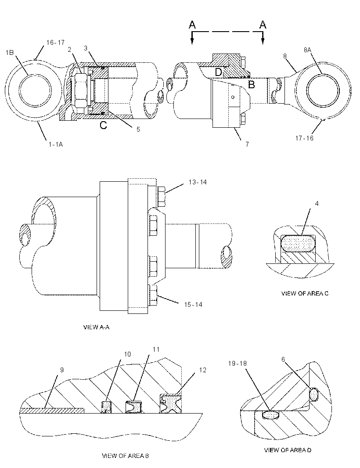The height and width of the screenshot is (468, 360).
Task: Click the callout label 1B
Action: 10,53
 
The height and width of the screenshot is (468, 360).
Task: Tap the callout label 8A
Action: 307,50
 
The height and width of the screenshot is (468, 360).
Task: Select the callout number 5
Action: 138,130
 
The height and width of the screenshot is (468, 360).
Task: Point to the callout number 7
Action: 247,144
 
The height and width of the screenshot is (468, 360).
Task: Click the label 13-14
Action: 198,182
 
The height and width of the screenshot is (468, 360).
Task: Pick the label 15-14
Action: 193,305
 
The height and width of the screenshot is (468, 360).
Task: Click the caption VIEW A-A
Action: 96,328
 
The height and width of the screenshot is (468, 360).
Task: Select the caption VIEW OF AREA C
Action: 305,293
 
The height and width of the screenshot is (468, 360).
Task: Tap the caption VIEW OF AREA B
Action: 126,456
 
